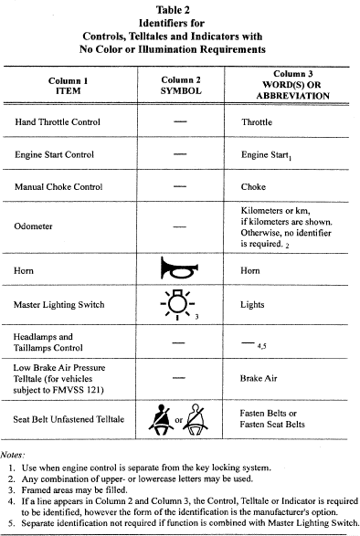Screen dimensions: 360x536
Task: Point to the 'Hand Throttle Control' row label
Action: [x=58, y=121]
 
